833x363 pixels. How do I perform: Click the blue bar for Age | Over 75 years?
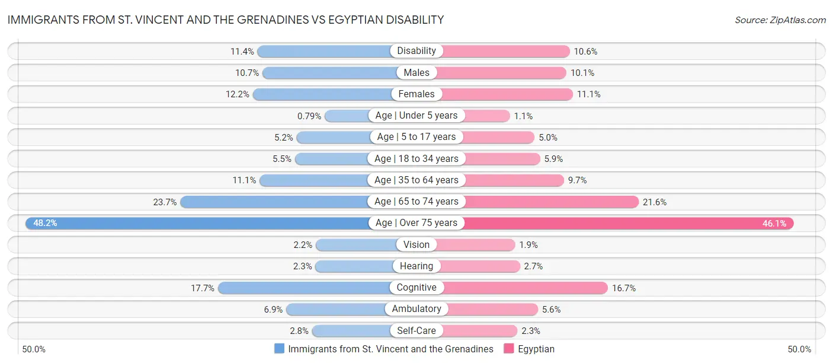tap(196, 223)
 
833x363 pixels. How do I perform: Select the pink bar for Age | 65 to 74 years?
tap(551, 202)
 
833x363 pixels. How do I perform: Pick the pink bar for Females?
tap(507, 94)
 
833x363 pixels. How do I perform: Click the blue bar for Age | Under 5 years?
tap(346, 116)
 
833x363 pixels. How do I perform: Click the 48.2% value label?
tap(45, 223)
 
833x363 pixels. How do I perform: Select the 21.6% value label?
tap(655, 202)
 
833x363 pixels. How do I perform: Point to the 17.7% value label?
tap(201, 288)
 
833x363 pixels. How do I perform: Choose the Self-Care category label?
tap(416, 330)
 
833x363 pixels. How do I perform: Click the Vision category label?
tap(416, 244)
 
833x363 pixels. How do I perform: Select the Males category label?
tap(416, 72)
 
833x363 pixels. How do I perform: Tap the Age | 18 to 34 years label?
tap(416, 158)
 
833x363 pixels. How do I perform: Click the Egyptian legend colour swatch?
tap(508, 349)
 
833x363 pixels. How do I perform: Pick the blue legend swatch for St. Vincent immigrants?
tap(279, 349)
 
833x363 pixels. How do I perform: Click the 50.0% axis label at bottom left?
tap(34, 349)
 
